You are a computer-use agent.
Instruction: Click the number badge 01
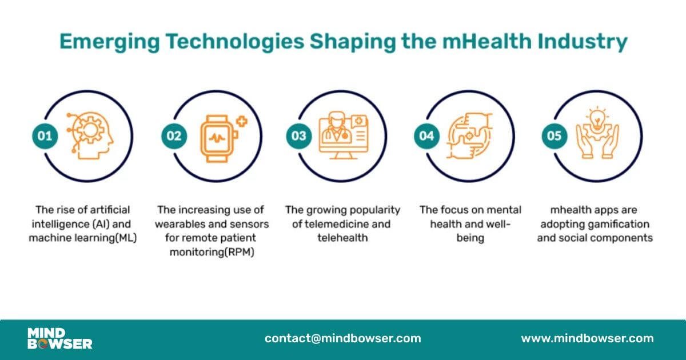point(45,136)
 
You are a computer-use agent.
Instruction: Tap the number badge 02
point(174,136)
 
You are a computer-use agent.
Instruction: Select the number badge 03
point(299,136)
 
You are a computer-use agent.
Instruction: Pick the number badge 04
point(426,136)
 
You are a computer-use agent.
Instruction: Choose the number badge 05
point(555,136)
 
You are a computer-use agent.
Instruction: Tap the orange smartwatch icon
point(217,137)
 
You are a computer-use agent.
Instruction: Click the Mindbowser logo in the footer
point(59,338)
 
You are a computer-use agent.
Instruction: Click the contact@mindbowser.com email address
point(342,338)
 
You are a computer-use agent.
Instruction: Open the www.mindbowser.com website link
point(587,338)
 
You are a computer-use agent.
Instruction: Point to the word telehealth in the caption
point(343,238)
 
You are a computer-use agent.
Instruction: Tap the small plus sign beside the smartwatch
point(242,121)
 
